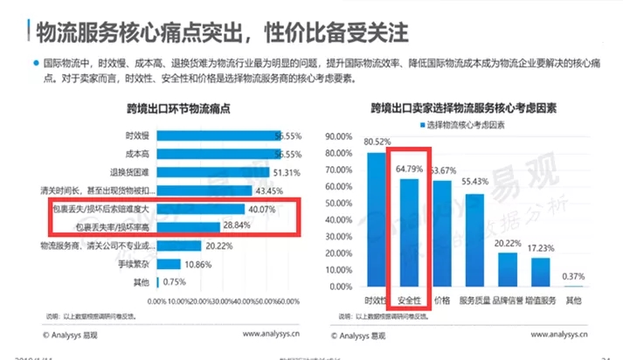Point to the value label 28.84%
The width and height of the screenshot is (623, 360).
click(x=237, y=226)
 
